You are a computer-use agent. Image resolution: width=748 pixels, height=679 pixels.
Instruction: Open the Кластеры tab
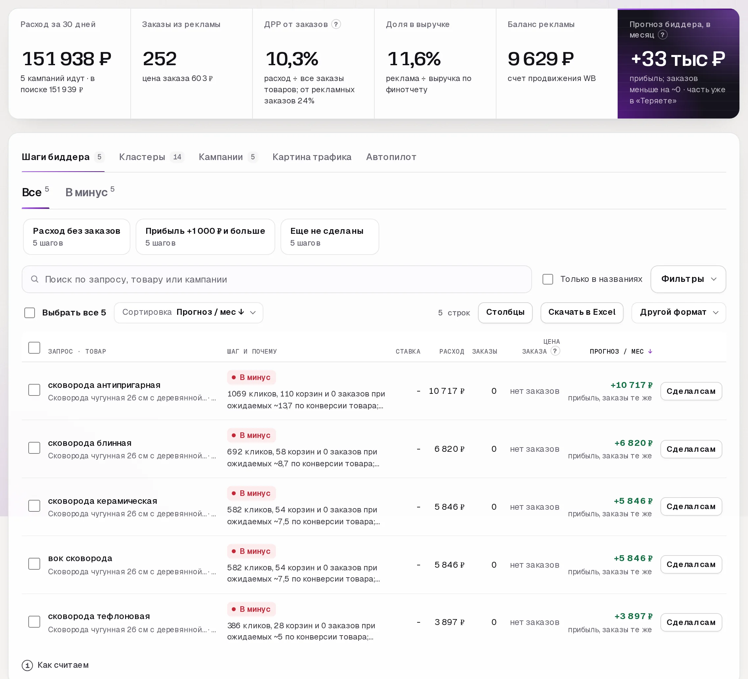151,157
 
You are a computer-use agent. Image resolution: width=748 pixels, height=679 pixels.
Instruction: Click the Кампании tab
228,157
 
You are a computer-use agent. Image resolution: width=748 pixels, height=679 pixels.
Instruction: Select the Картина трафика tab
312,157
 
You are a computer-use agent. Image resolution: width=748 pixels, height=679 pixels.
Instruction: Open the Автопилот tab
391,157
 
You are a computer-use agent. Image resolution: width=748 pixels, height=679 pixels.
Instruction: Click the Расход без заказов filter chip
76,237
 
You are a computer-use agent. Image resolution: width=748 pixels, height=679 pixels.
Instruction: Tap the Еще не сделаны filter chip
330,237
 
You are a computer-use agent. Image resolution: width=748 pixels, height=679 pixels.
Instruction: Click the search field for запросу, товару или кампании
277,279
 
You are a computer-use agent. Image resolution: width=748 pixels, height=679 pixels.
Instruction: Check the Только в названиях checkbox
548,279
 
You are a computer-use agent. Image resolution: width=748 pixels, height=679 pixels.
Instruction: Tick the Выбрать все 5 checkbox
30,313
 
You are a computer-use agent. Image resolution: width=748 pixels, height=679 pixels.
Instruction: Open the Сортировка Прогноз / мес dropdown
189,312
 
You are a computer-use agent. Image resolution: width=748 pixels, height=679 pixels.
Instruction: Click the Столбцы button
505,312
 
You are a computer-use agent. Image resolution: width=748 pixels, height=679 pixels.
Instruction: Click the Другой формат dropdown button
679,312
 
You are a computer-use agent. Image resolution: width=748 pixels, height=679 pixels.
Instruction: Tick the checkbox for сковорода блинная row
34,448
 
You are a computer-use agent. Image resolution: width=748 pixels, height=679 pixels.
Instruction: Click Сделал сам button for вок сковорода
691,564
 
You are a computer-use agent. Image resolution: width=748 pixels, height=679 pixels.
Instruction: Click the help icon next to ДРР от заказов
336,24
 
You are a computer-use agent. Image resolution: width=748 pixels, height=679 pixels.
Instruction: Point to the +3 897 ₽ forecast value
633,616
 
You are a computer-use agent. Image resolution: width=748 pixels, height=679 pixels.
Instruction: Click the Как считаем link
55,665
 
